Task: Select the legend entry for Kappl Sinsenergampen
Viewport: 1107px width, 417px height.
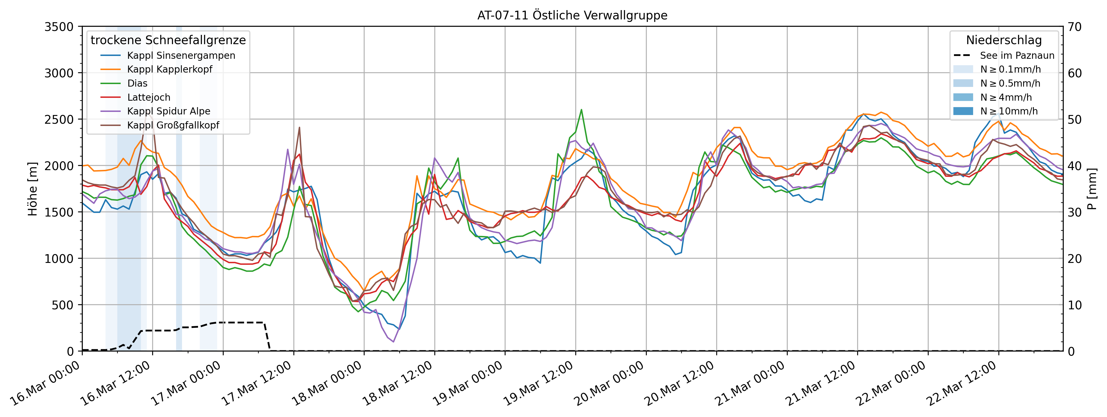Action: (181, 55)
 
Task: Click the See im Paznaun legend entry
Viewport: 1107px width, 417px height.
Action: (1017, 55)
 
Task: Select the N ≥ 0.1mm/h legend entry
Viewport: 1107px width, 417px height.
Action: (1010, 69)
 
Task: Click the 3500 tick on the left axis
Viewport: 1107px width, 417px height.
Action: (59, 27)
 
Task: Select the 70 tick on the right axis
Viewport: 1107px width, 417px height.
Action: (1075, 27)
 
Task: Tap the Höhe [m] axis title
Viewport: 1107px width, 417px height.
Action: (33, 189)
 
